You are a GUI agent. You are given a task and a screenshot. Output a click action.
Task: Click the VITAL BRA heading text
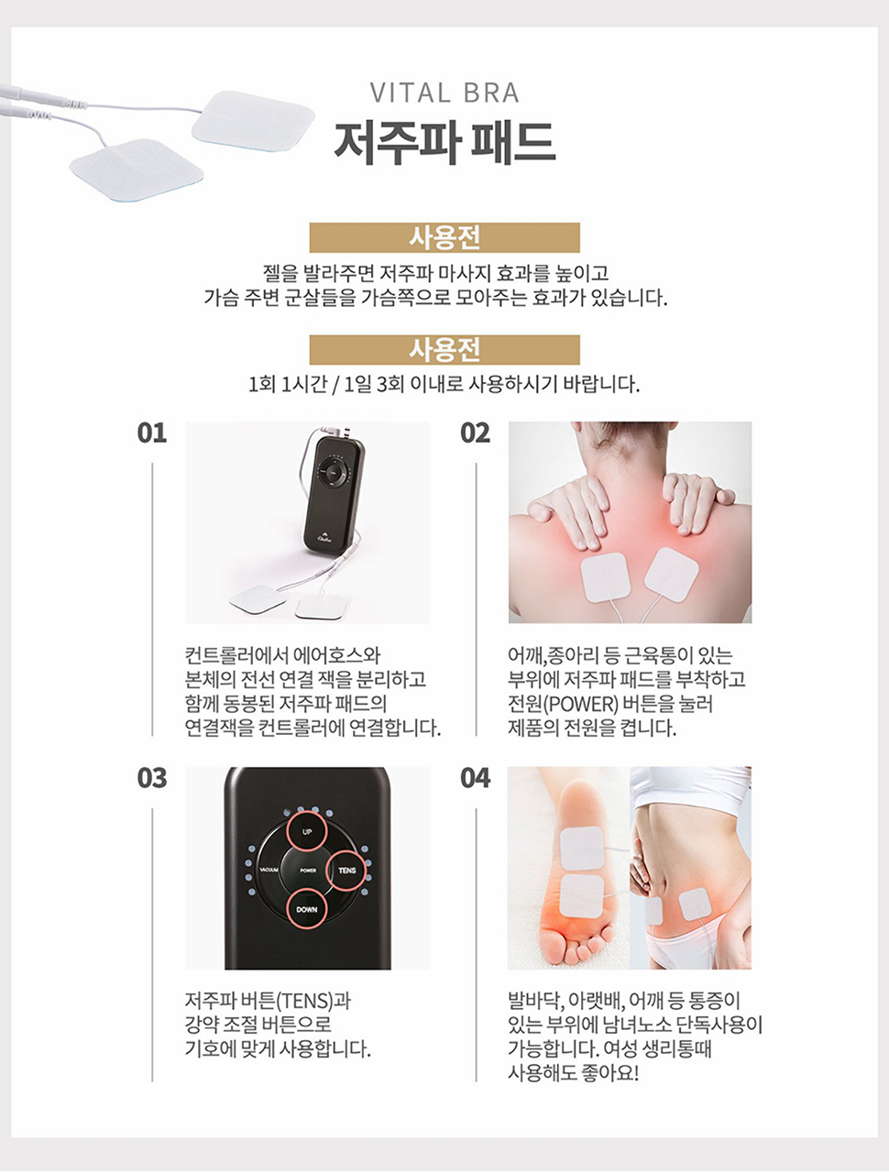(444, 93)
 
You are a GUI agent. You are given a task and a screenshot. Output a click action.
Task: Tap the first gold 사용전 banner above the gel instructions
(444, 237)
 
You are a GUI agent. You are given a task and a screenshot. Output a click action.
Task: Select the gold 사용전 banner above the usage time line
(444, 350)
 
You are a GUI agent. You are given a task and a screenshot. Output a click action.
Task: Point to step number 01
(152, 433)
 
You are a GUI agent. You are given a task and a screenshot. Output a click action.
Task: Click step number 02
(475, 433)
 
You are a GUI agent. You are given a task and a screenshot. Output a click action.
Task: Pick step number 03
(152, 779)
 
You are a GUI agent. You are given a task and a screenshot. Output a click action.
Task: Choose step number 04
(475, 779)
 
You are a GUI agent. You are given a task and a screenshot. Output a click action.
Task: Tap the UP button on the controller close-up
(307, 831)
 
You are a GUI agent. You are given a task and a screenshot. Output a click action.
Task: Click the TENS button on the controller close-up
(346, 871)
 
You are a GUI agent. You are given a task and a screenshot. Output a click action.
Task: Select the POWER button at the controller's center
(308, 871)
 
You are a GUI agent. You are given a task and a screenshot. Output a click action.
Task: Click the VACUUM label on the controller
(269, 871)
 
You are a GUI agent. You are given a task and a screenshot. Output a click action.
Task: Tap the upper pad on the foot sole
(581, 848)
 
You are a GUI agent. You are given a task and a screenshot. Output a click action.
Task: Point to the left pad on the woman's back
(605, 578)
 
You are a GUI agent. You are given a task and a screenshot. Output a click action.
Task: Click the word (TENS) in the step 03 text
(302, 999)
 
